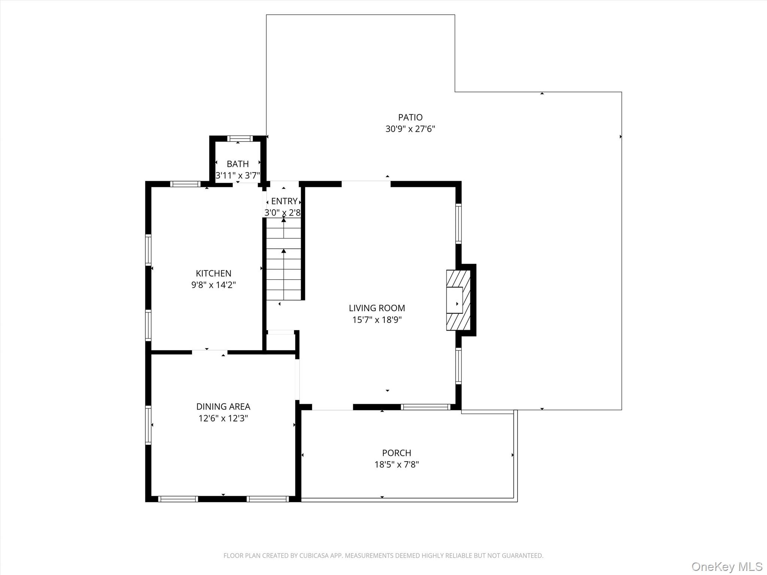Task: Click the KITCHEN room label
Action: [x=213, y=273]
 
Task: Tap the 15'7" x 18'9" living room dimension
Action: [x=377, y=320]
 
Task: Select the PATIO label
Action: [x=410, y=117]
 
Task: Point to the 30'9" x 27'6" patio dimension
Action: [x=410, y=129]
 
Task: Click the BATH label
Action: [x=237, y=164]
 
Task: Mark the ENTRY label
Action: [x=284, y=201]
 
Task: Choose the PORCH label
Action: [x=397, y=453]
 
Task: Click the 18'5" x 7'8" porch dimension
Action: [x=397, y=465]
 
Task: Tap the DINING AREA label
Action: [x=223, y=407]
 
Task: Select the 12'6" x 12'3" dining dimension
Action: [x=223, y=418]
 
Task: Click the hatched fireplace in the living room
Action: [x=458, y=300]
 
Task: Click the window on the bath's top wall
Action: [x=240, y=139]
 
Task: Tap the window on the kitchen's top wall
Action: [x=185, y=184]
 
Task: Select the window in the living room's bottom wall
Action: [x=425, y=407]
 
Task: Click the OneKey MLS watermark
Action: [x=727, y=566]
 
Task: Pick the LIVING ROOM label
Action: [x=377, y=308]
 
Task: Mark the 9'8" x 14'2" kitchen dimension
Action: [x=213, y=285]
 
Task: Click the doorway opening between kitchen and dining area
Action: [x=210, y=352]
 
